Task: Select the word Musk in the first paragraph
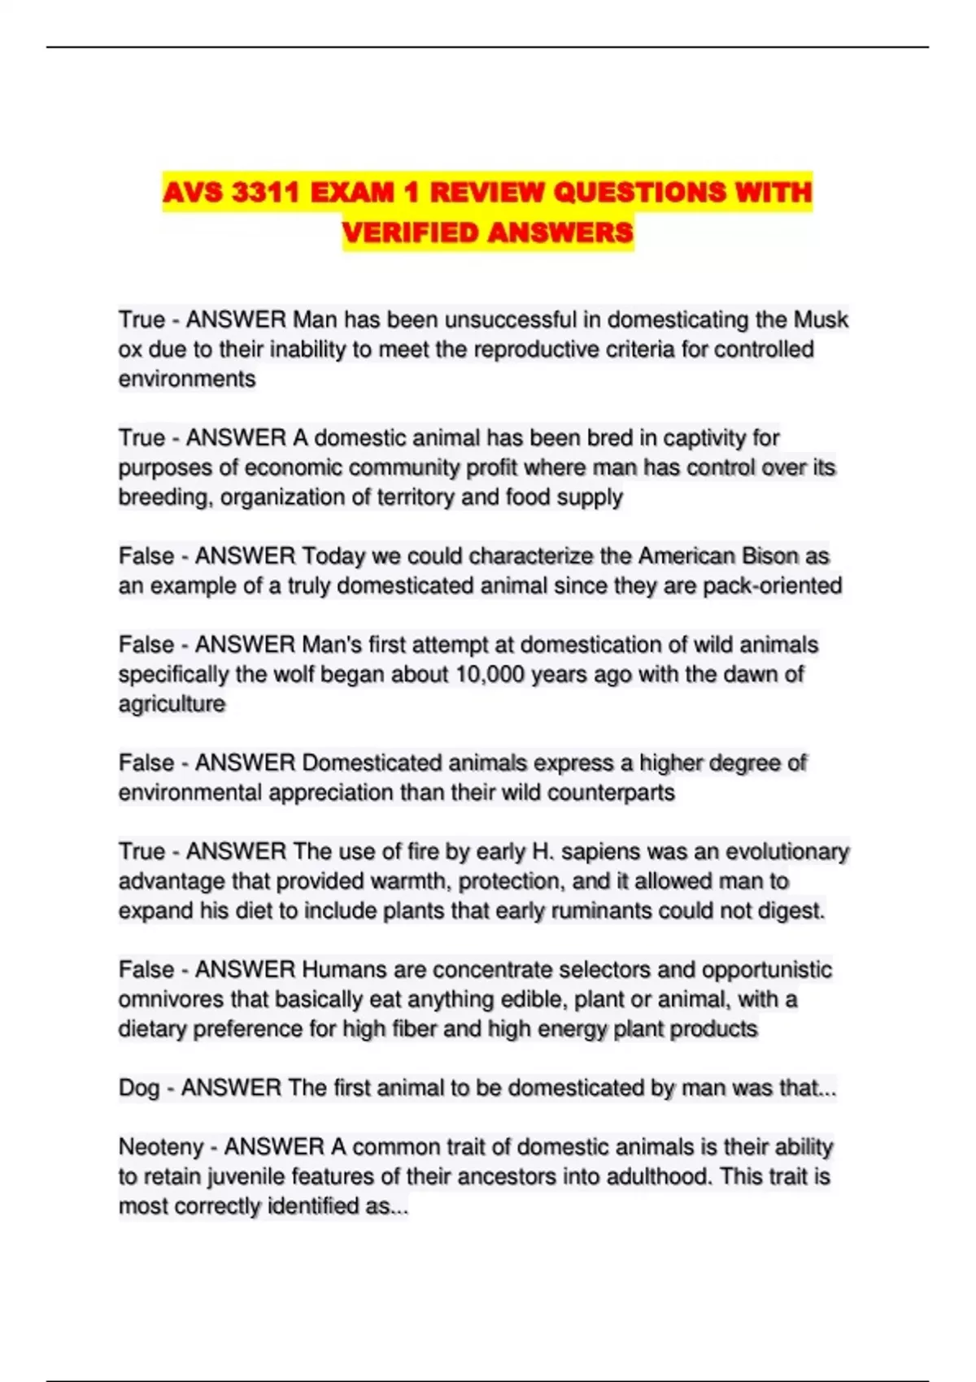tap(821, 319)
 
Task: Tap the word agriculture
tap(172, 704)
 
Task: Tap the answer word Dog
tap(138, 1089)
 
